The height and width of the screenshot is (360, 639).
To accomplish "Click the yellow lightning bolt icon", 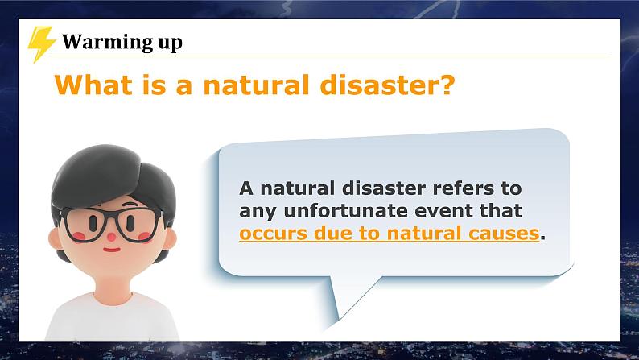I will (x=41, y=43).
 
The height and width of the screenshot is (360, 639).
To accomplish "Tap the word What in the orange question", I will (x=89, y=85).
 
